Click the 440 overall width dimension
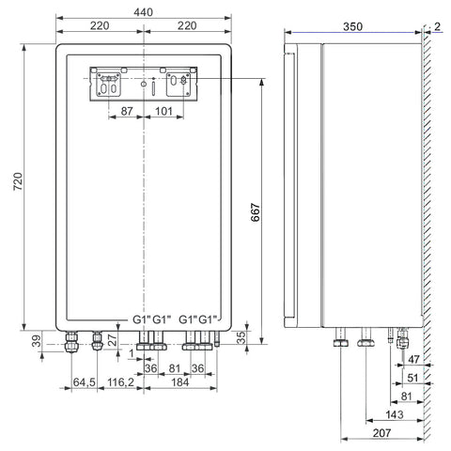(x=144, y=12)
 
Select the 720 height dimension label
(x=18, y=181)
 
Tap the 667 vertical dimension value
(x=256, y=212)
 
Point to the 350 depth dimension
(x=352, y=26)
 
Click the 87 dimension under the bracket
(x=127, y=111)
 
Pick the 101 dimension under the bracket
(x=163, y=111)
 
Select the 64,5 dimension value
(x=85, y=382)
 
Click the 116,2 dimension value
(x=121, y=382)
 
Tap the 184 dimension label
(x=180, y=382)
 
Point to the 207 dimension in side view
(x=382, y=433)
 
